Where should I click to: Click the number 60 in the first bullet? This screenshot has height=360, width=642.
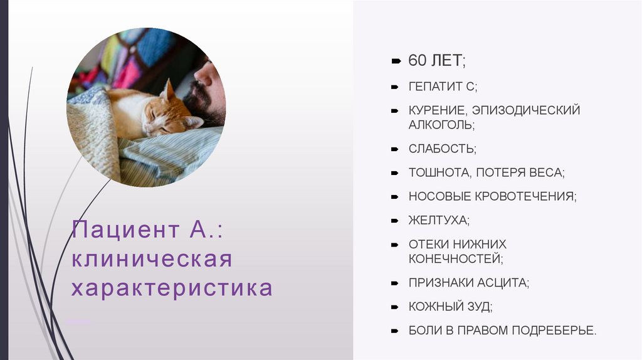click(x=417, y=61)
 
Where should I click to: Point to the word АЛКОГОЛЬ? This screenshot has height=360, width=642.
click(x=441, y=124)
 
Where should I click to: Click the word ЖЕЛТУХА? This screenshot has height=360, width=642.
click(x=438, y=221)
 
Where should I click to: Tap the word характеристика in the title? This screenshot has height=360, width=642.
click(x=172, y=288)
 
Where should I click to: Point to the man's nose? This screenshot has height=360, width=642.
click(x=203, y=77)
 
